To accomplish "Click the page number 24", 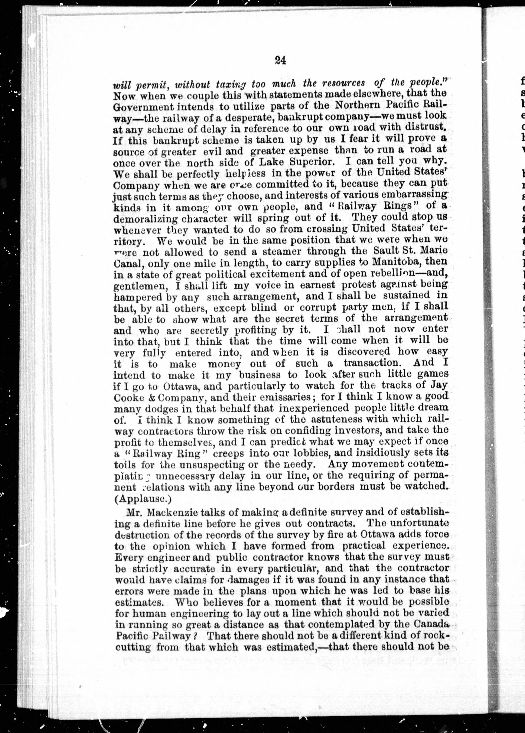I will point(280,61).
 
